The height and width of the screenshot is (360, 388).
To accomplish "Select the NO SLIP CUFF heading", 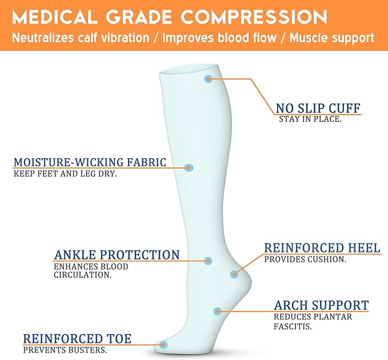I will (318, 108).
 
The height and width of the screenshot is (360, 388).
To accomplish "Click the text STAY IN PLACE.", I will (310, 119).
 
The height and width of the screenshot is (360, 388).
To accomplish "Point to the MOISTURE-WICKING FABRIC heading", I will (90, 162).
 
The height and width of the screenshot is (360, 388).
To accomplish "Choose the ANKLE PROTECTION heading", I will (117, 255).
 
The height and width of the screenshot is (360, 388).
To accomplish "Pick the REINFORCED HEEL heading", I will (322, 248).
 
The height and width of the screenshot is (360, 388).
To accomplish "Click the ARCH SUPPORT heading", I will (322, 305).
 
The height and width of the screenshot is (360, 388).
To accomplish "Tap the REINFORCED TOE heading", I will (77, 339).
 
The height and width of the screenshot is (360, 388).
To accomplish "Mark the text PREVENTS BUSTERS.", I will (65, 350).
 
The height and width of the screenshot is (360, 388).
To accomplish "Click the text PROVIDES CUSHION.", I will (305, 259).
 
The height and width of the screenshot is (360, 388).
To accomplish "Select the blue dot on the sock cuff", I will (209, 78).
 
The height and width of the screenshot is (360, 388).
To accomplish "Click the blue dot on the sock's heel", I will (234, 274).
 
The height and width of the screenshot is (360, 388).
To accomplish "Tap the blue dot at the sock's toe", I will (163, 345).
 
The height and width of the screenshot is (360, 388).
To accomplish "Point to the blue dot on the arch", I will (218, 311).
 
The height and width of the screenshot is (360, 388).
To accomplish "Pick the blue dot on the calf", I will (190, 167).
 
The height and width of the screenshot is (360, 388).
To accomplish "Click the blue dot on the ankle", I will (208, 261).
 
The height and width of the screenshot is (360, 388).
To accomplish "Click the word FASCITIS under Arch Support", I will (293, 327).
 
